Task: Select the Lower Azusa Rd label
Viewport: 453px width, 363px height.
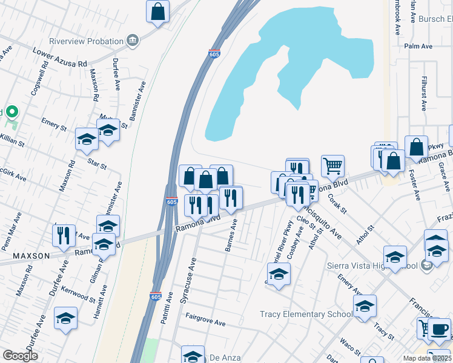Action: [x=60, y=57]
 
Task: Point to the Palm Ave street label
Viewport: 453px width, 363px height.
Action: [x=418, y=46]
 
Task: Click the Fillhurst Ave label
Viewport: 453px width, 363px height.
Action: [x=424, y=93]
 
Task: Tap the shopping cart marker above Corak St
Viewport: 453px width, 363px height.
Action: [x=332, y=165]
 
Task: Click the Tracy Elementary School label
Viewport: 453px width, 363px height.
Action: [x=306, y=314]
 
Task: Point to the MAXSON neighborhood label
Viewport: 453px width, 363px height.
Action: [x=29, y=256]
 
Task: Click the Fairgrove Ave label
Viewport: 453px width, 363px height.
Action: [x=205, y=320]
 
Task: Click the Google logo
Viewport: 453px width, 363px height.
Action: [x=20, y=356]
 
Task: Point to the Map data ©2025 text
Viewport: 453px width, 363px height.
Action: [x=428, y=358]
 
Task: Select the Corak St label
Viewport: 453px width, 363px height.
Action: [x=337, y=204]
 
